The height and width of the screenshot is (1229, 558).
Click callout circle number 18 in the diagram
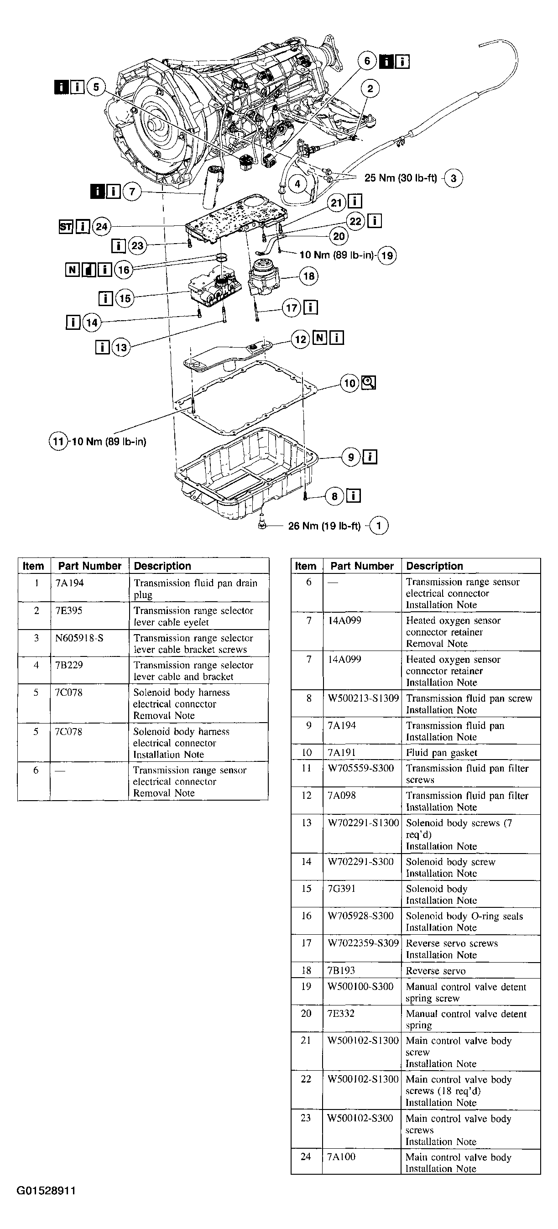(x=309, y=276)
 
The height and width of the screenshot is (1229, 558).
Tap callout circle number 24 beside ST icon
(x=101, y=227)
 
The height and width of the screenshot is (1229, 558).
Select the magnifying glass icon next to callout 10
(x=369, y=383)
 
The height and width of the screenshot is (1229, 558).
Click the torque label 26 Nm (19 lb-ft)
(x=324, y=526)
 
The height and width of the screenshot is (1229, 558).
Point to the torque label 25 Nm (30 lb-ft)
(x=401, y=178)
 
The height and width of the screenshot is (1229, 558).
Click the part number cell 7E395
(x=69, y=611)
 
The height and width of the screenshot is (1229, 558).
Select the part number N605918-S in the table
(x=79, y=638)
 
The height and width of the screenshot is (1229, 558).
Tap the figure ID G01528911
(x=46, y=1191)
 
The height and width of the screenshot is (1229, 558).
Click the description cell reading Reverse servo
(x=435, y=970)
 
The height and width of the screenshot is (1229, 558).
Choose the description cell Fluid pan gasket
(x=442, y=752)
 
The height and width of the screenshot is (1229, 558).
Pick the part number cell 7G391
(x=341, y=888)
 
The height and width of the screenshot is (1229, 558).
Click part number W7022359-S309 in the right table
(x=363, y=943)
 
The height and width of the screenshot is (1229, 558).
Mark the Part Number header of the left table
(x=90, y=566)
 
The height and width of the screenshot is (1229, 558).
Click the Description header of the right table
(x=434, y=566)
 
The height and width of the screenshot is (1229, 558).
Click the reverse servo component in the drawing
(x=264, y=277)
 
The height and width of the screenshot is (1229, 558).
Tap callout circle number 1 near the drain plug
(x=379, y=526)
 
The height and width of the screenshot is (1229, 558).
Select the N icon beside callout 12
(x=320, y=338)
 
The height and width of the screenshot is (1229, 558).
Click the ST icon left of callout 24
(x=66, y=227)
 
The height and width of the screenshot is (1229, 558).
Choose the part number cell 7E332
(x=341, y=1013)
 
